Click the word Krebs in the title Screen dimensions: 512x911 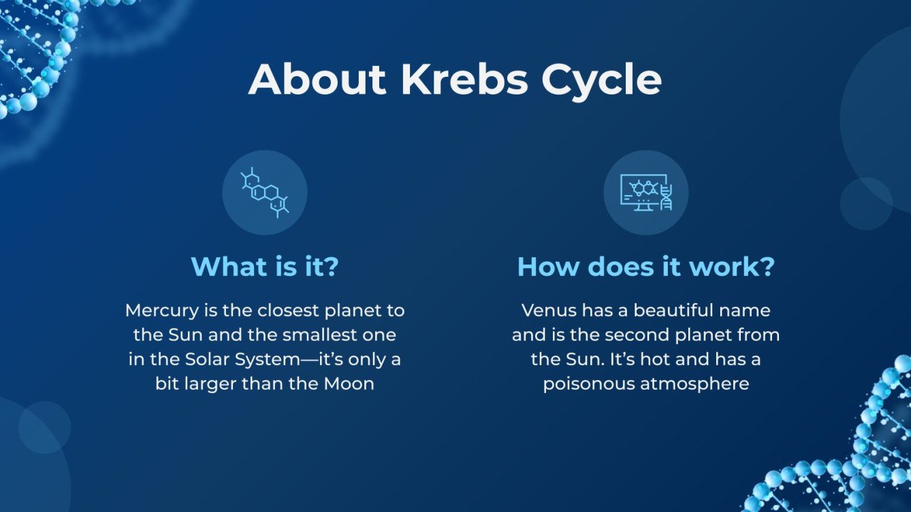(x=464, y=80)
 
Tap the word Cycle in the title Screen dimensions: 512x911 (x=601, y=81)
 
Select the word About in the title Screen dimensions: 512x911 (x=317, y=80)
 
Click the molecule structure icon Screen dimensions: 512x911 (x=265, y=192)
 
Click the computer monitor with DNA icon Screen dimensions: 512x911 (x=645, y=192)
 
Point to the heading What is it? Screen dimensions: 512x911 (x=265, y=266)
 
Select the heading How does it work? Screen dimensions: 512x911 (x=645, y=266)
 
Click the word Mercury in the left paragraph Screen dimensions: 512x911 (x=161, y=311)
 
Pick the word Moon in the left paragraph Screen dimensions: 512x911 (x=349, y=383)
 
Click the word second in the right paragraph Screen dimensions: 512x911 (x=631, y=335)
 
